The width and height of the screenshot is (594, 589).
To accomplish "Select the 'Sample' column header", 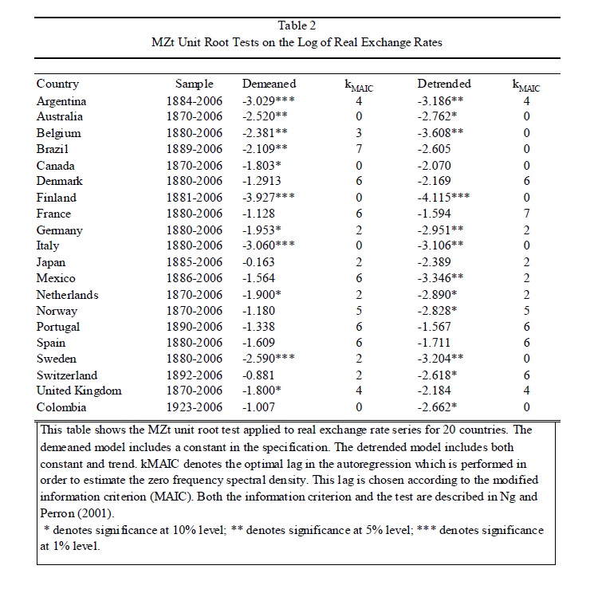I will (195, 84).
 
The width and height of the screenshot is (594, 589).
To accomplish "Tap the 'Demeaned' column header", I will (269, 84).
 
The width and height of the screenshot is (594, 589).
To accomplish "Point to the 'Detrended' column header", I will (444, 84).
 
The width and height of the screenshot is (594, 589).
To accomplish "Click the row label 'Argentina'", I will (61, 101).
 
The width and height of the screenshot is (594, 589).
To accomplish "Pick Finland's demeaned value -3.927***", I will (270, 198).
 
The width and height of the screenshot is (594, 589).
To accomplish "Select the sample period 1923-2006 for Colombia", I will (195, 406).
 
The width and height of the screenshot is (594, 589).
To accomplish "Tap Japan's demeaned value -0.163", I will (259, 262).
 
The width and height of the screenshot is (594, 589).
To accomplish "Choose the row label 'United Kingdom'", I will (79, 391).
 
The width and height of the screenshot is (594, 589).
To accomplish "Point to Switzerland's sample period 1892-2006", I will (195, 375).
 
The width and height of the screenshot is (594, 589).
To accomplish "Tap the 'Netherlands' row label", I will (68, 294).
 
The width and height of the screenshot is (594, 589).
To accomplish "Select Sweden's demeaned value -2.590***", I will (270, 359).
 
